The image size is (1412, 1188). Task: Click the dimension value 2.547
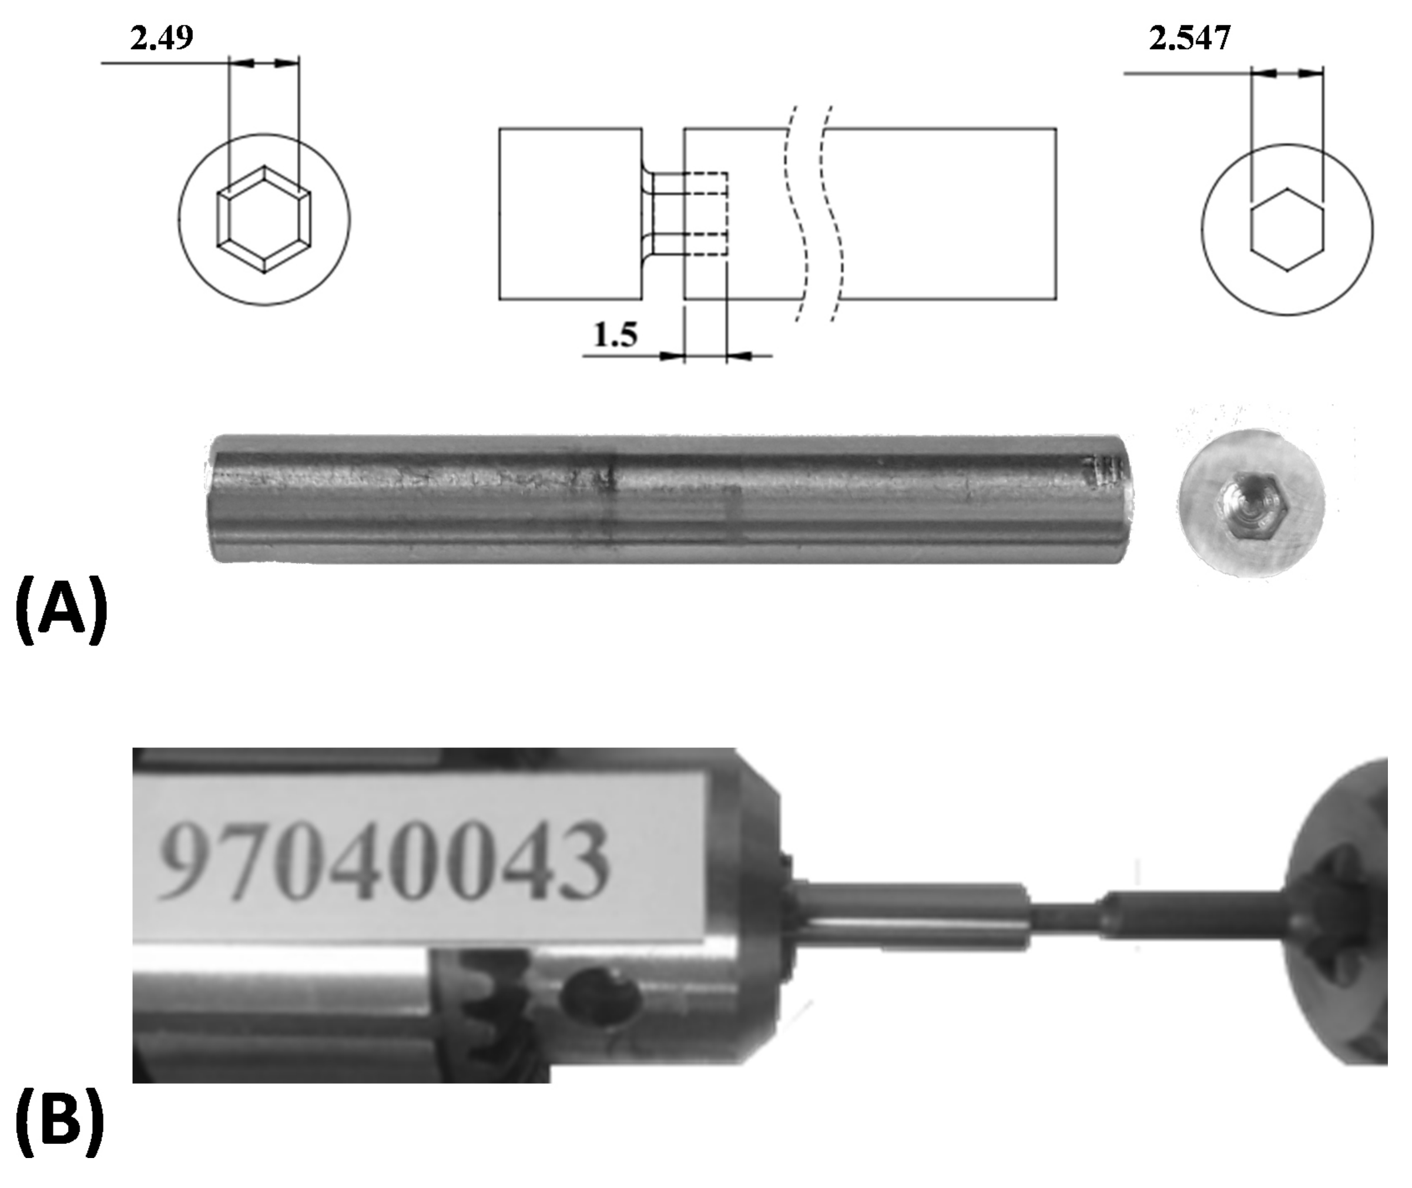(1190, 38)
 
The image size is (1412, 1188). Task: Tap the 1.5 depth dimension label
(615, 335)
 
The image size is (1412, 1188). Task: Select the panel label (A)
(61, 609)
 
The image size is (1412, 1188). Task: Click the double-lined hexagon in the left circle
(263, 220)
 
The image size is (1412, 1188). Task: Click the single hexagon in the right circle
(1287, 230)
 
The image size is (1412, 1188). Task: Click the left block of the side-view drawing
(570, 213)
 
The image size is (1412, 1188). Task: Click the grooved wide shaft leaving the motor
(910, 916)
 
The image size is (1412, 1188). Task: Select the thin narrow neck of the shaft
(1064, 915)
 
